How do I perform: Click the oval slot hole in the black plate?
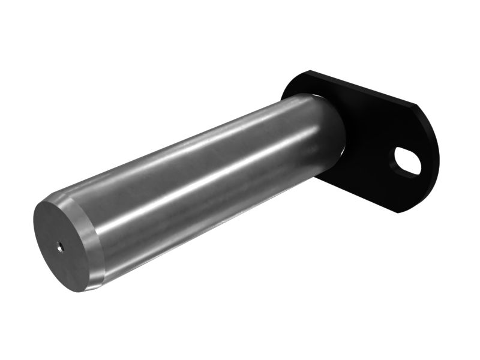coord(407,163)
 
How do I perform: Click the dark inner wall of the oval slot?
coord(401,159)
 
